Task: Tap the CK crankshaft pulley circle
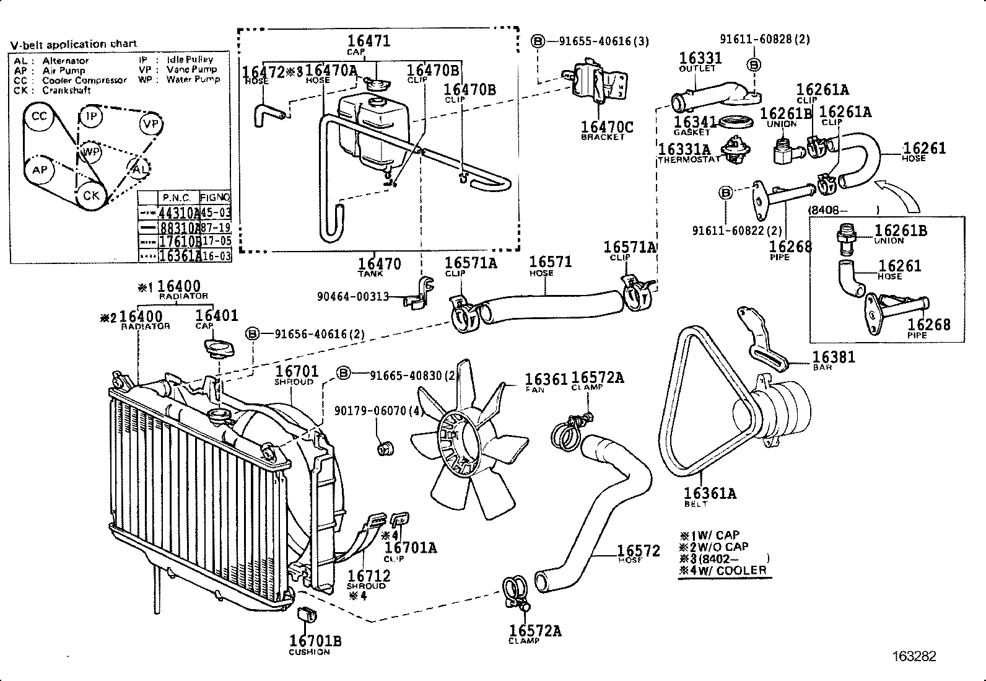pos(91,195)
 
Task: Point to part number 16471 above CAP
pos(369,42)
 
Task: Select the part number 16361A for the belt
pos(710,493)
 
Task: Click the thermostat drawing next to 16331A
pos(735,150)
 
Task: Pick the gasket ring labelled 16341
pos(736,121)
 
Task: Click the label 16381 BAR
pos(833,357)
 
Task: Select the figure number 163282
pos(914,656)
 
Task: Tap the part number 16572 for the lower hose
pos(638,551)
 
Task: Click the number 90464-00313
pos(352,296)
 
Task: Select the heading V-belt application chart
pos(73,45)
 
